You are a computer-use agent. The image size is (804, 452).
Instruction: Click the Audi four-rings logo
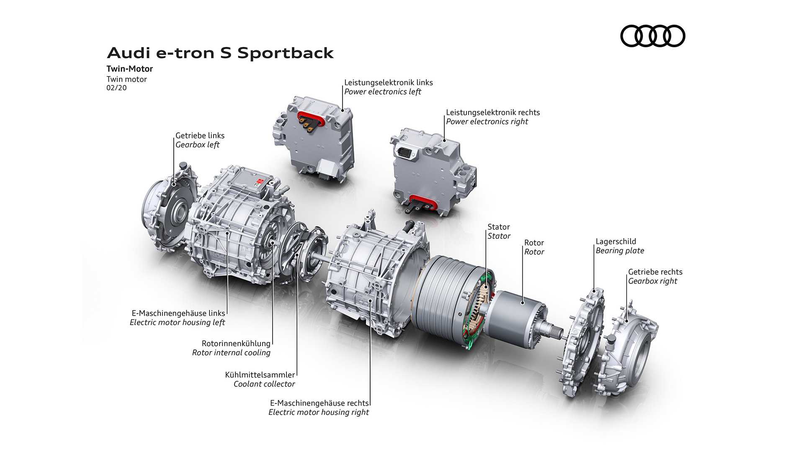coord(652,36)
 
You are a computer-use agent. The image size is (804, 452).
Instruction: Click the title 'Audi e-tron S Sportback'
coord(220,53)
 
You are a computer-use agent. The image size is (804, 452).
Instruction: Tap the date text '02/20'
coord(116,88)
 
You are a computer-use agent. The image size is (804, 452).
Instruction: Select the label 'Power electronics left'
coord(383,92)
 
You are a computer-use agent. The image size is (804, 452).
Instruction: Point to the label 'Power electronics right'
coord(487,121)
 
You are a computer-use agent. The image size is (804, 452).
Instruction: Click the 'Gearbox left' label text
coord(198,145)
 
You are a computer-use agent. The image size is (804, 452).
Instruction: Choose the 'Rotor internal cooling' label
coord(231,353)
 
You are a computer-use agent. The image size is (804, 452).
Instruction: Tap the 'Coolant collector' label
coord(264,384)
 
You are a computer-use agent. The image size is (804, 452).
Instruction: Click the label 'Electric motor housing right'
coord(319,412)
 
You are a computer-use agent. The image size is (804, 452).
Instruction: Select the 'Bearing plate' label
coord(620,251)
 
